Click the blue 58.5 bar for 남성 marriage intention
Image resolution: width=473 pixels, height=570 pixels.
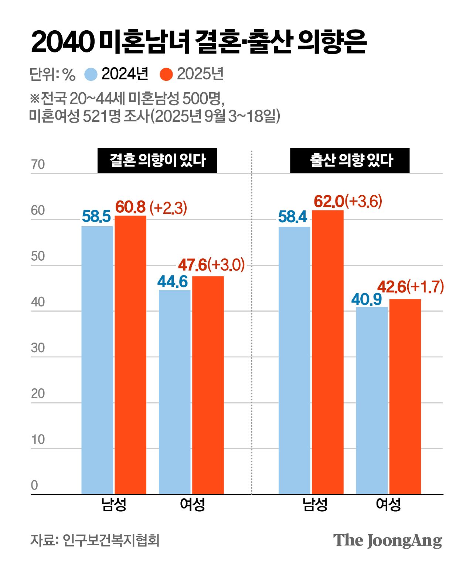click(97, 360)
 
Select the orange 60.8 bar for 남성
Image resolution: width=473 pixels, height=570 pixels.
click(130, 354)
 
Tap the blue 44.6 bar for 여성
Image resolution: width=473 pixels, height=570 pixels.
click(175, 391)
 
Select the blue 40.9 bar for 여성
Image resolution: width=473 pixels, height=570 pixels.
click(372, 400)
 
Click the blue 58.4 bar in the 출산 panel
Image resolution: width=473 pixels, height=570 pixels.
click(295, 360)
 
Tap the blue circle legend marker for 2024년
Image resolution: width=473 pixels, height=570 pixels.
click(91, 74)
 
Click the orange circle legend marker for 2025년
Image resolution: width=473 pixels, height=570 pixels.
click(166, 74)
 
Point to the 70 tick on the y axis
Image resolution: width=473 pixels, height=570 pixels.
click(38, 165)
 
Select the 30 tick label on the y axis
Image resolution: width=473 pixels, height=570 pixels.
click(38, 348)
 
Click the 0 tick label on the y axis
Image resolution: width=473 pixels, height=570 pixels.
click(34, 485)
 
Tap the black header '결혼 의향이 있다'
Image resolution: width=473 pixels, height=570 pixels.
click(157, 161)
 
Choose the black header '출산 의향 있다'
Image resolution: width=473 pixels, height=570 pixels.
click(350, 161)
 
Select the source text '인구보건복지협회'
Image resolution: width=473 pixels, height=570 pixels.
click(111, 540)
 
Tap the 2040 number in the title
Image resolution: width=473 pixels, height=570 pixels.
click(61, 42)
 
